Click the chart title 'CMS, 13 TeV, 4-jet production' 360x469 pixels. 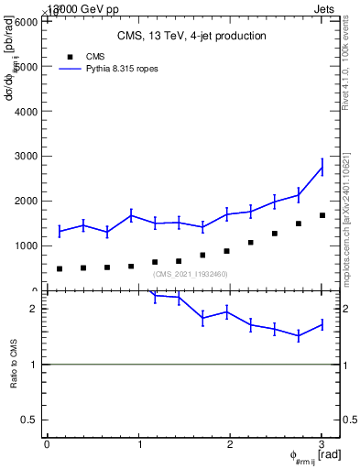coord(191,37)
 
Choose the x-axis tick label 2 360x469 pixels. coord(230,444)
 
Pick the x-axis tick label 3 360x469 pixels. coord(322,444)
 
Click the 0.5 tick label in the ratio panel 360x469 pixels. coord(29,420)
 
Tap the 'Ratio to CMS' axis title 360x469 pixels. coord(15,363)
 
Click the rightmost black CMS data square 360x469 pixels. coord(322,215)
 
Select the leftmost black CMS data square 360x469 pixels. coord(60,268)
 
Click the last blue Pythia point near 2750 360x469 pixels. coord(322,167)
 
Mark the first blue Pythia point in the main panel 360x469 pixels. coord(60,232)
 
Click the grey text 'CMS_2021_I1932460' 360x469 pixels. coord(191,274)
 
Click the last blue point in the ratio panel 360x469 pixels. coord(322,324)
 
